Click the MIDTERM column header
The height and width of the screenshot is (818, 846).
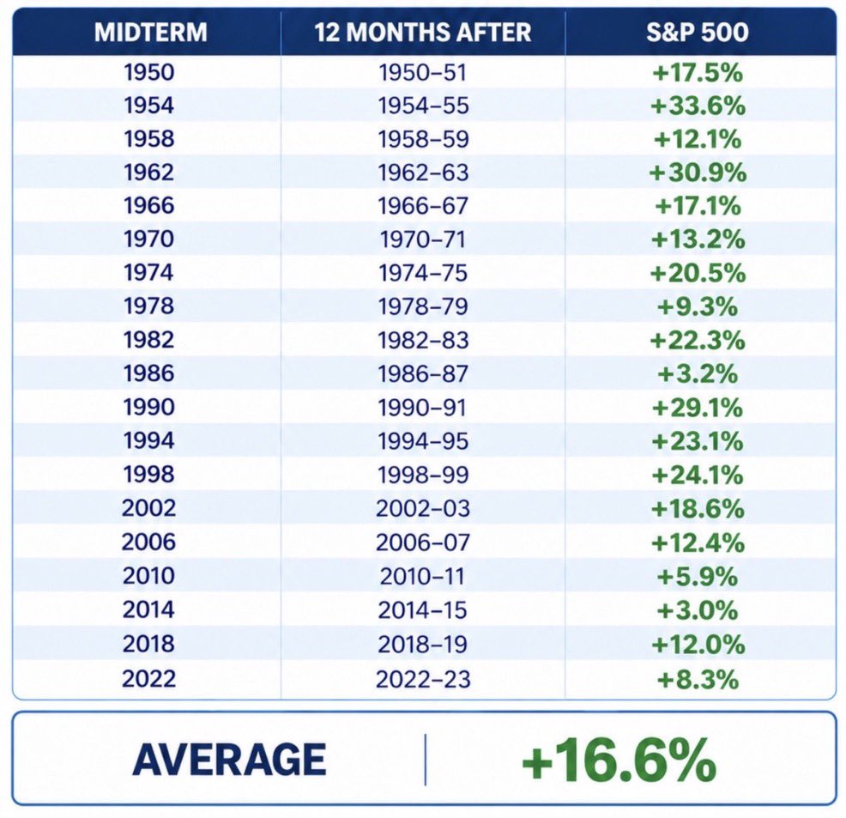(150, 32)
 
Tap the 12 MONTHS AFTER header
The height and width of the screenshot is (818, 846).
(423, 32)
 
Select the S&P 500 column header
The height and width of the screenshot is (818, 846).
(698, 32)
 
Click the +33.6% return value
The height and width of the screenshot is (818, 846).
(698, 106)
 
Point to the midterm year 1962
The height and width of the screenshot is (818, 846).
(149, 173)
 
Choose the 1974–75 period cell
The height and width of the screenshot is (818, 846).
(423, 272)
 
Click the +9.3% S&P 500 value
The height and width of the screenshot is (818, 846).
(698, 306)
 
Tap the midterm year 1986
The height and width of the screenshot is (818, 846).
(149, 373)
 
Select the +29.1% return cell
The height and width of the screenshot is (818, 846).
(698, 408)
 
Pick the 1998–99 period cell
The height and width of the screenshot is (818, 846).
(423, 475)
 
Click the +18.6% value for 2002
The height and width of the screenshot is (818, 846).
(698, 508)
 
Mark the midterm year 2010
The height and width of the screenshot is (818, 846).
(149, 575)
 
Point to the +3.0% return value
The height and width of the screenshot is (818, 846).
(698, 610)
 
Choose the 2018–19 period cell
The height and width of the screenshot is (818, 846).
(423, 644)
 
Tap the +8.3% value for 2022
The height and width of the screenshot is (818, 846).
(698, 679)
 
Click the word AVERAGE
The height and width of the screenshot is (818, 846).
(229, 759)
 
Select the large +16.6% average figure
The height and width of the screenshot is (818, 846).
(619, 759)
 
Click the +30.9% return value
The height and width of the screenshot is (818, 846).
(698, 173)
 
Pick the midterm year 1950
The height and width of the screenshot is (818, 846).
(149, 72)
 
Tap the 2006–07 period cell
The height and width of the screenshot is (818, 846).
(423, 542)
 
